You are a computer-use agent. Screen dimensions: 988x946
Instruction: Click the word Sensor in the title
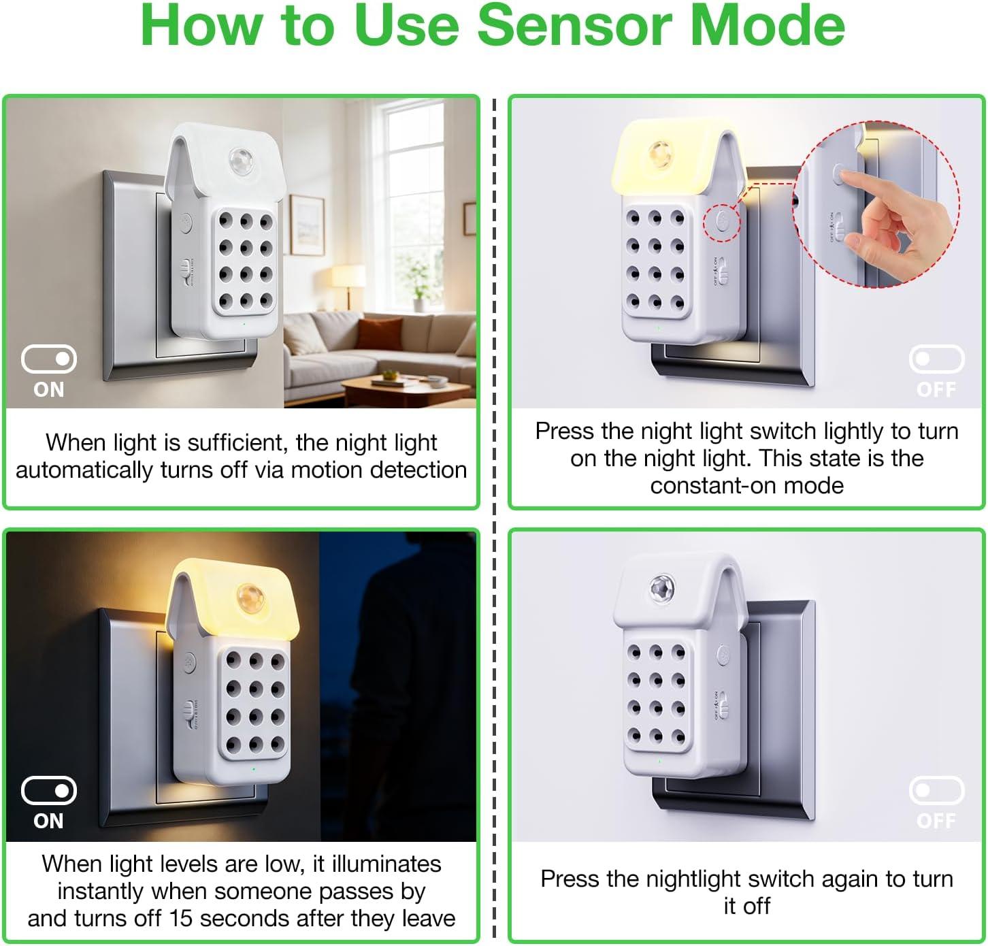574,25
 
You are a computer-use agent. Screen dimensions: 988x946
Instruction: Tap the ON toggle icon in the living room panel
49,359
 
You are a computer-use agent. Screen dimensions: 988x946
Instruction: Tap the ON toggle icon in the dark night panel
49,791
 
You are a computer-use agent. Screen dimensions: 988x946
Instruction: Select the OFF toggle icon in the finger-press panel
936,359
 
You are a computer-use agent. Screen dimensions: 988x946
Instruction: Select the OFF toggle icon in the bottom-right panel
936,791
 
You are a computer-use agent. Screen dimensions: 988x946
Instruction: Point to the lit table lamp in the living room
348,282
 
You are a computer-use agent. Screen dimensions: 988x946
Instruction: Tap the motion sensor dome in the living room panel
240,161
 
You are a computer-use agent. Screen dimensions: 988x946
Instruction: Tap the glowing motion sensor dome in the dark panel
250,596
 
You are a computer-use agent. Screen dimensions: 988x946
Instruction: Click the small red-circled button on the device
721,222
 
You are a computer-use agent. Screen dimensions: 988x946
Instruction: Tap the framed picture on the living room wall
307,225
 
